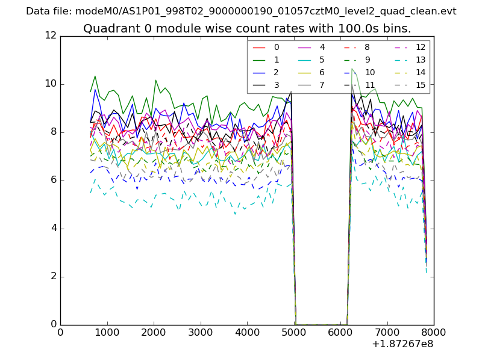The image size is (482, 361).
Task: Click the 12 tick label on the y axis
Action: pyautogui.click(x=51, y=35)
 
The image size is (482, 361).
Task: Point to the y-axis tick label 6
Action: pyautogui.click(x=53, y=180)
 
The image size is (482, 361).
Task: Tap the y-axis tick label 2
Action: pyautogui.click(x=53, y=276)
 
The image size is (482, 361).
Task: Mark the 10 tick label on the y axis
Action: pyautogui.click(x=51, y=84)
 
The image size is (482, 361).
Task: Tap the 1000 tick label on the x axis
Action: pyautogui.click(x=107, y=332)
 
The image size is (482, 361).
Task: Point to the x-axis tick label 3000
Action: pyautogui.click(x=200, y=332)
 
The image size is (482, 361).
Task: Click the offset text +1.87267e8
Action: pyautogui.click(x=402, y=344)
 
